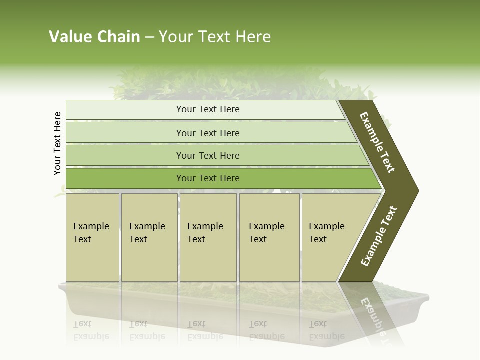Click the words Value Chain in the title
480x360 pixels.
coord(94,37)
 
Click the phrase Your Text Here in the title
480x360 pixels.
coord(215,37)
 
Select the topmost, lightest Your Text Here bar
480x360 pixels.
coord(208,109)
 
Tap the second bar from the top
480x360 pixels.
coord(208,133)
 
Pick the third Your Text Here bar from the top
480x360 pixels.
coord(208,155)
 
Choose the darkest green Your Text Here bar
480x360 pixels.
coord(208,178)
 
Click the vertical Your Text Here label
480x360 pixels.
coord(57,143)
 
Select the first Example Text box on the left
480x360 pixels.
coord(92,237)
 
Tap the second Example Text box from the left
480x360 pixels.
coord(149,237)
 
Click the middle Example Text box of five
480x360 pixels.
coord(208,237)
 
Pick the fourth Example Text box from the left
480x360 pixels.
coord(269,237)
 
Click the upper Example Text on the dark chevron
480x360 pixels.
coord(378,143)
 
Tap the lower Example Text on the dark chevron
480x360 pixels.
coord(379,236)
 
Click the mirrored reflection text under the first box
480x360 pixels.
coord(91,330)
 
